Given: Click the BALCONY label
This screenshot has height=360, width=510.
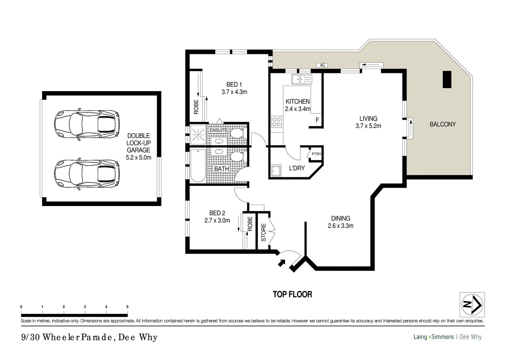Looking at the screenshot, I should pos(442,124).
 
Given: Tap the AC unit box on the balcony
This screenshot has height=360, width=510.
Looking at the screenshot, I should pos(322,65).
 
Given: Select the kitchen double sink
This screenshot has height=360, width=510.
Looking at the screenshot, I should pos(302,79).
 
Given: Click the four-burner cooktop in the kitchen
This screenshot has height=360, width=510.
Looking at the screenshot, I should pos(277,121).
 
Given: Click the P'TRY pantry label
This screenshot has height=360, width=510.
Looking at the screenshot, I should pos(316,154).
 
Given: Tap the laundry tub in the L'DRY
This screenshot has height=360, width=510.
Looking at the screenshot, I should pos(276,171).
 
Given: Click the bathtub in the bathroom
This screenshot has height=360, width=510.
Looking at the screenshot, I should pos(198,166).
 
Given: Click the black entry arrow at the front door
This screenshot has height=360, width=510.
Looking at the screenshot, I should pos(282,263).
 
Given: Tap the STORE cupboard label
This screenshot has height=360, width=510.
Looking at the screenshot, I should pos(263,232).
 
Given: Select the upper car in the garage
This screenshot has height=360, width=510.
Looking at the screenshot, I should pos(87,123).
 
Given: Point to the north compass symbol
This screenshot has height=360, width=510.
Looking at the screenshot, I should pos(472,304).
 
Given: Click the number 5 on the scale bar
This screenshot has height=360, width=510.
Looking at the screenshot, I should pos(127,307).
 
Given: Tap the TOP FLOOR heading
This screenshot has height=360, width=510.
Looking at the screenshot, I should pos(292,294).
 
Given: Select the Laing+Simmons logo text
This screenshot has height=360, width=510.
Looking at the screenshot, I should pos(433,337).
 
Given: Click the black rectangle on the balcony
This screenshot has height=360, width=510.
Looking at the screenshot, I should pos(447,79).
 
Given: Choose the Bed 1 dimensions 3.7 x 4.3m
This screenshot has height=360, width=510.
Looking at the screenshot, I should pos(234,92).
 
